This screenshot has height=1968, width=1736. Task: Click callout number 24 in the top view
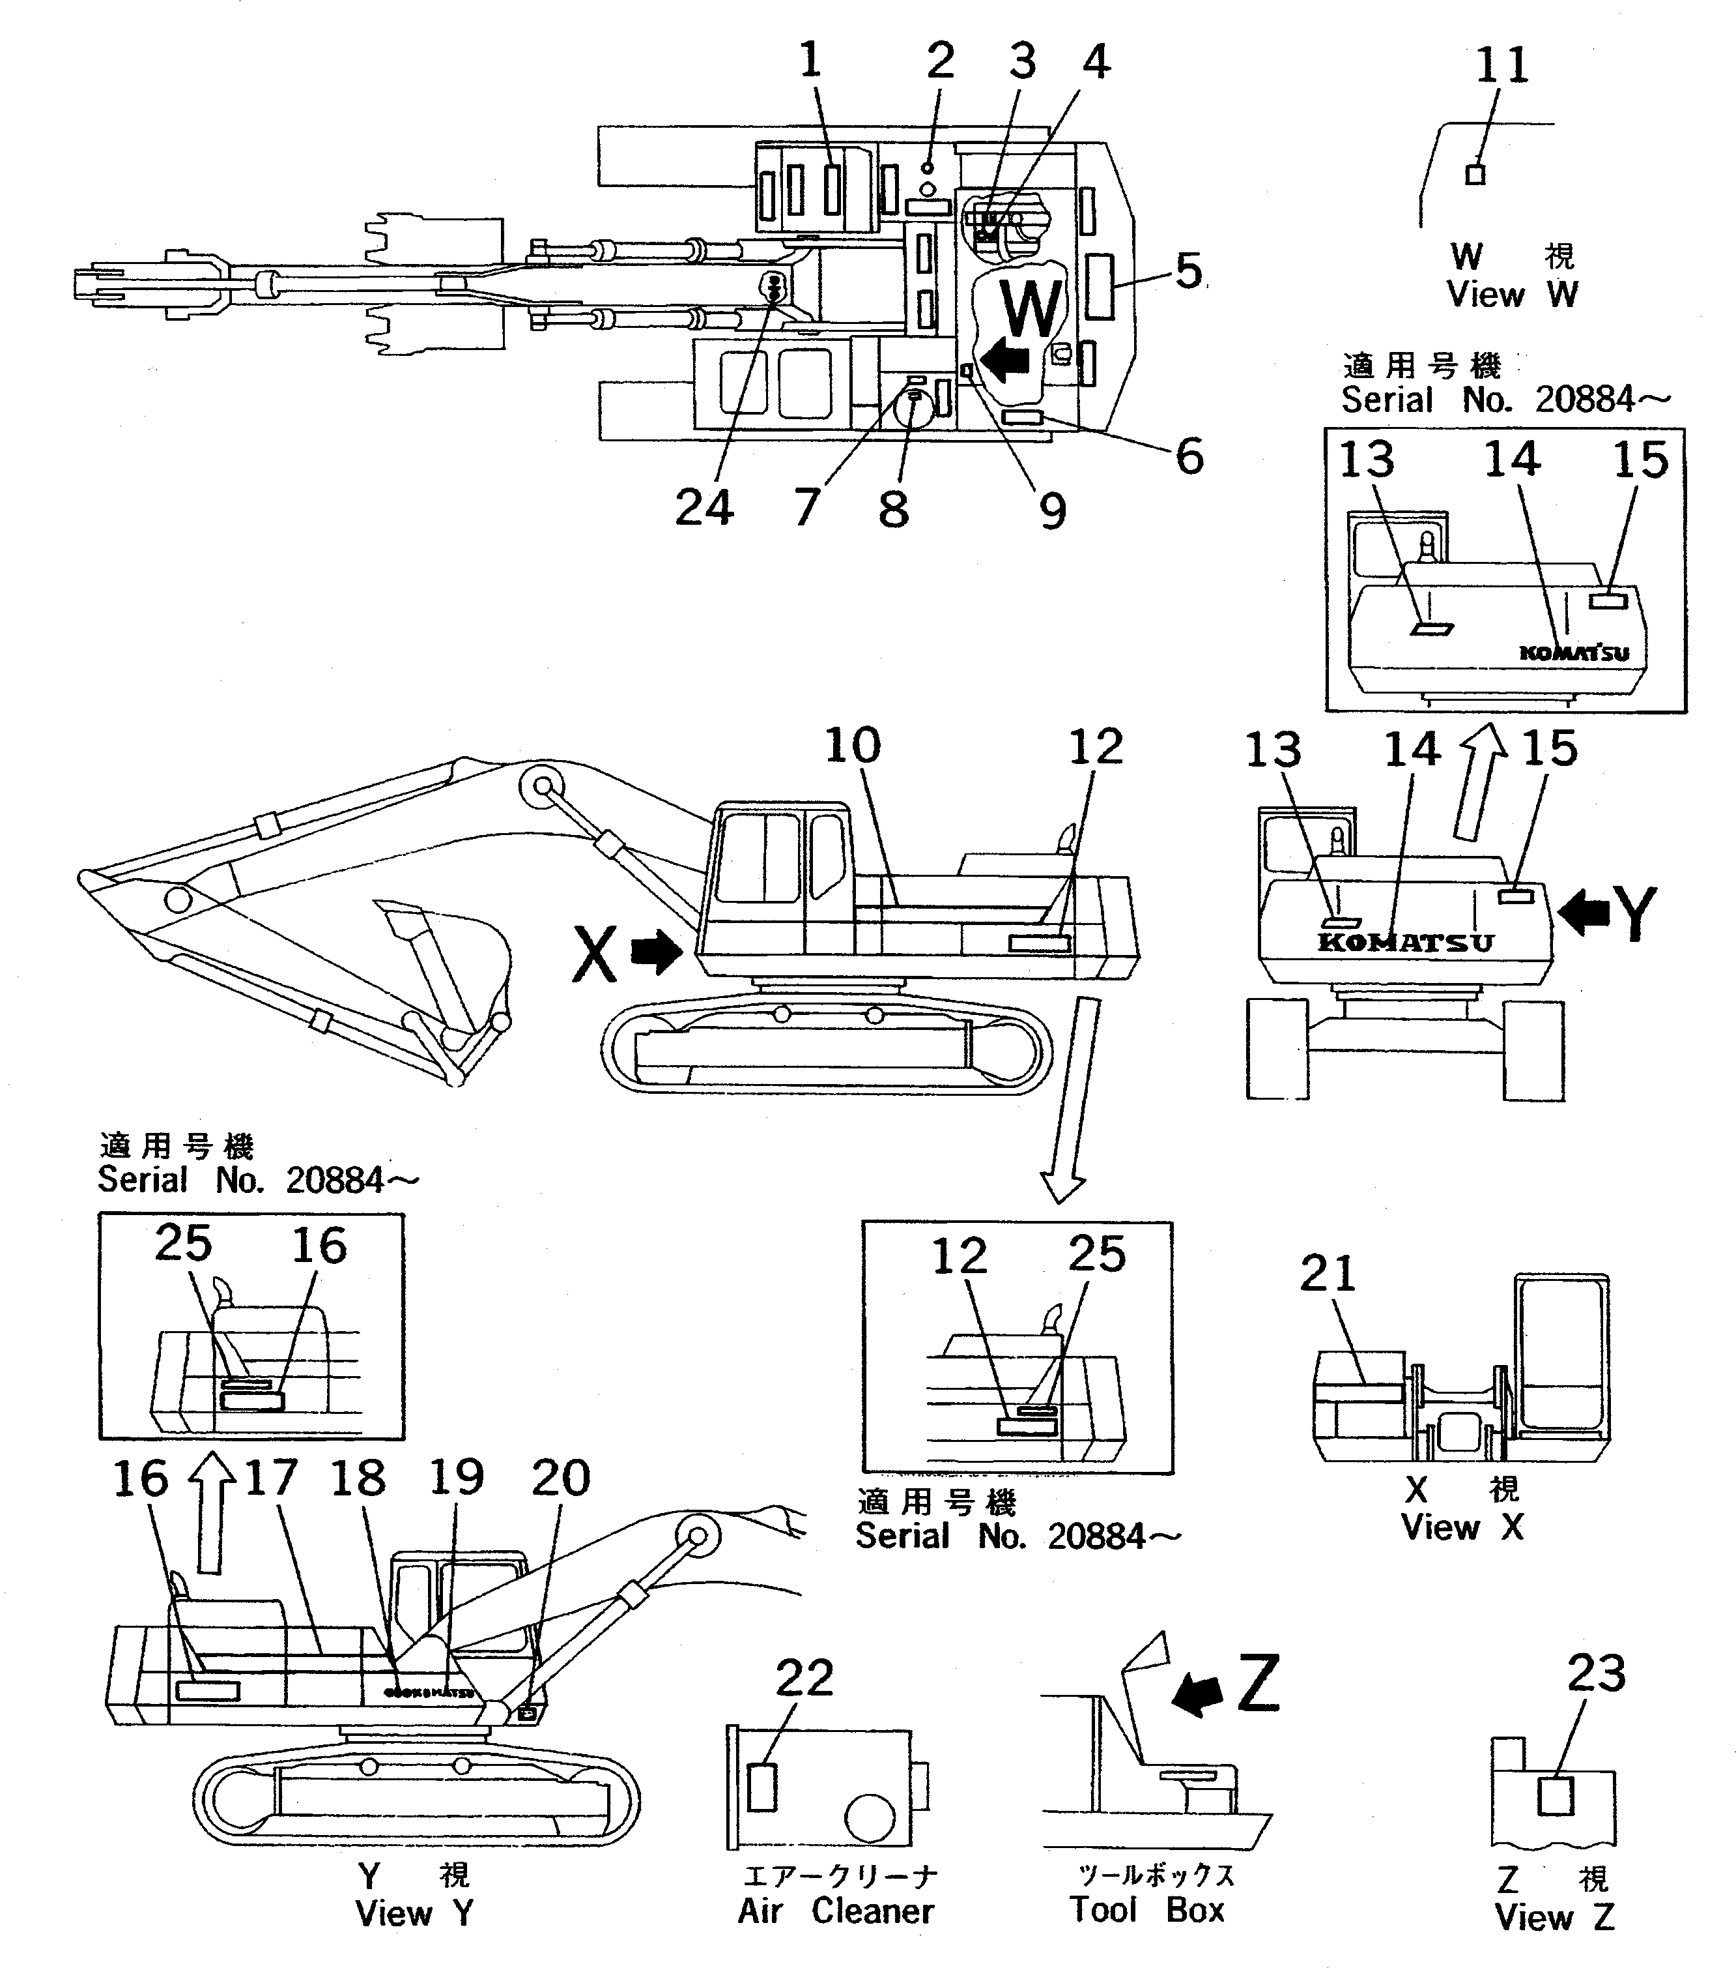[704, 507]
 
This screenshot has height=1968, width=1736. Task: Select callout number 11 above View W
[1501, 65]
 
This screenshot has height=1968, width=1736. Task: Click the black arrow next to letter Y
[1582, 912]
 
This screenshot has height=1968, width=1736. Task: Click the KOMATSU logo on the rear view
[1405, 943]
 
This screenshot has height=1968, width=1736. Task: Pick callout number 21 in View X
[1328, 1274]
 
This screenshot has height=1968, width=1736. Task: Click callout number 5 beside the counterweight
[1189, 272]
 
